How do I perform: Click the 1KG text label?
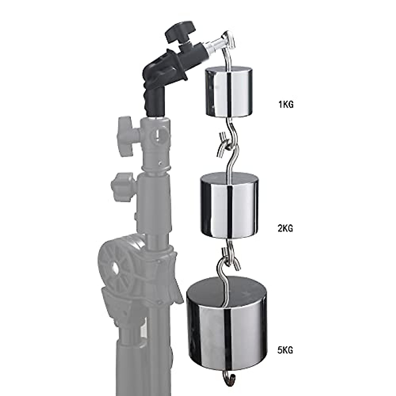285,105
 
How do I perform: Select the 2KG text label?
285,228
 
